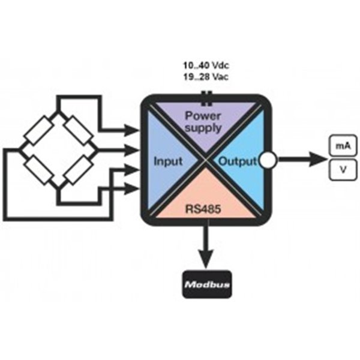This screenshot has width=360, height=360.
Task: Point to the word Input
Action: (x=168, y=161)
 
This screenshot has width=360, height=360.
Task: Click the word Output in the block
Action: (x=237, y=161)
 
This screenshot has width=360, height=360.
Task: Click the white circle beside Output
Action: (x=267, y=161)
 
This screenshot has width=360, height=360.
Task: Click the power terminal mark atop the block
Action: (x=206, y=94)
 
